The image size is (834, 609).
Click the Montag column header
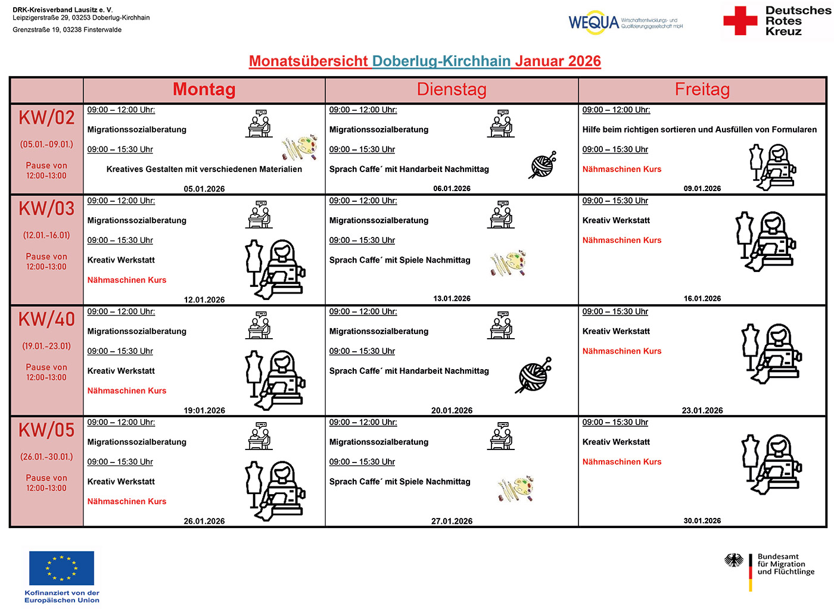coord(204,90)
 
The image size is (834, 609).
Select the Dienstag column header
coord(452,90)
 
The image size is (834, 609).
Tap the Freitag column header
coord(702,90)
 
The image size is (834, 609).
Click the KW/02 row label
coord(46,118)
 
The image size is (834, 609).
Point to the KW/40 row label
coord(46,320)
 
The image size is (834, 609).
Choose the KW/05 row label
coord(46,430)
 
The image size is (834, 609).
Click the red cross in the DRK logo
coord(740,21)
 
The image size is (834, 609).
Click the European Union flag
coord(61,568)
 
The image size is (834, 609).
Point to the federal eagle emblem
coord(734,561)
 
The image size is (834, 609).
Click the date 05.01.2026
coord(204,189)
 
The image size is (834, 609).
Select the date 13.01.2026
coord(452,298)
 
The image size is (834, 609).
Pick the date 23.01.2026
coord(702,410)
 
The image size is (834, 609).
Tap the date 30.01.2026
coord(702,520)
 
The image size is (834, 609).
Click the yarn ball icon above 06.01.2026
coord(543,164)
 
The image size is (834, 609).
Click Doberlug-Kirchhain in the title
coord(441,61)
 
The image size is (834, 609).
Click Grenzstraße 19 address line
coord(67,30)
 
